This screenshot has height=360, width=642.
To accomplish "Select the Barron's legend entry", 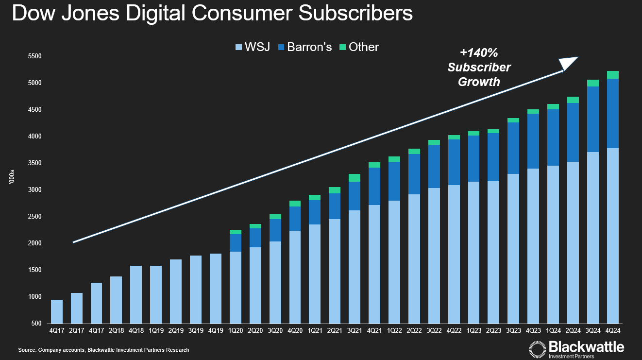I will [x=304, y=47].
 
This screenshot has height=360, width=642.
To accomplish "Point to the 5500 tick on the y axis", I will [x=35, y=56].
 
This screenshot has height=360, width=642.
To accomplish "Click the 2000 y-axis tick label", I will [x=35, y=243].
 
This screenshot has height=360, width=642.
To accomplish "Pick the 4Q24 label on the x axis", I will [x=613, y=330].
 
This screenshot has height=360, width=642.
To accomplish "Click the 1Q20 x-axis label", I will [x=236, y=330].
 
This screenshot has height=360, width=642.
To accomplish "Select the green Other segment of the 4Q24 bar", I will [x=613, y=75].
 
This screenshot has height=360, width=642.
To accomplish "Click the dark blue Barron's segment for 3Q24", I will [x=593, y=119].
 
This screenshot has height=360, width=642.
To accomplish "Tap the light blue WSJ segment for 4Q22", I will [x=454, y=253].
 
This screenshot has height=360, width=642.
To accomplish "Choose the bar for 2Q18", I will [x=116, y=300].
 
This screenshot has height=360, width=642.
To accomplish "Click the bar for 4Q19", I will [x=216, y=288].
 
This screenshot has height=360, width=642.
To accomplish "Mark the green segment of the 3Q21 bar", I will [x=355, y=178].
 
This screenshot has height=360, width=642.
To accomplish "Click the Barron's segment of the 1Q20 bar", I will [x=236, y=243].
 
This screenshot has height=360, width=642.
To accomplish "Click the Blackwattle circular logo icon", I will [x=537, y=349].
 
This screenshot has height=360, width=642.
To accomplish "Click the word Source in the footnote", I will [x=27, y=350].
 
